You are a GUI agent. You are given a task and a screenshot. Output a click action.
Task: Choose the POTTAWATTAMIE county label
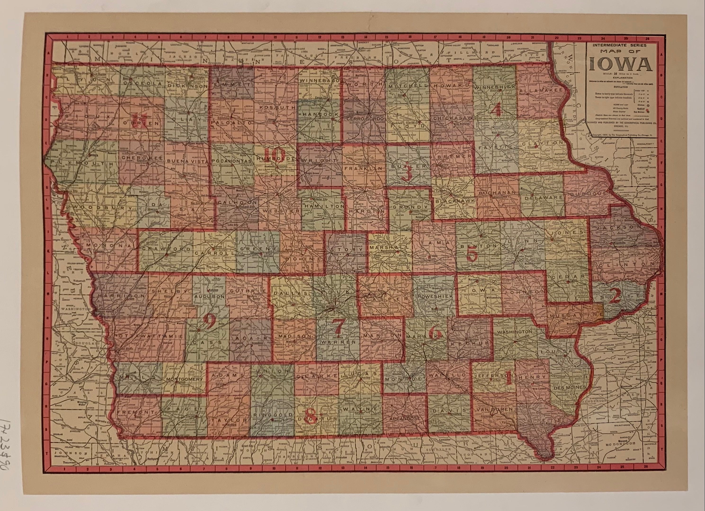pyautogui.click(x=145, y=336)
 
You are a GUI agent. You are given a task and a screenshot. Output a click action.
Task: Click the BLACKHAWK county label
pyautogui.click(x=455, y=201)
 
